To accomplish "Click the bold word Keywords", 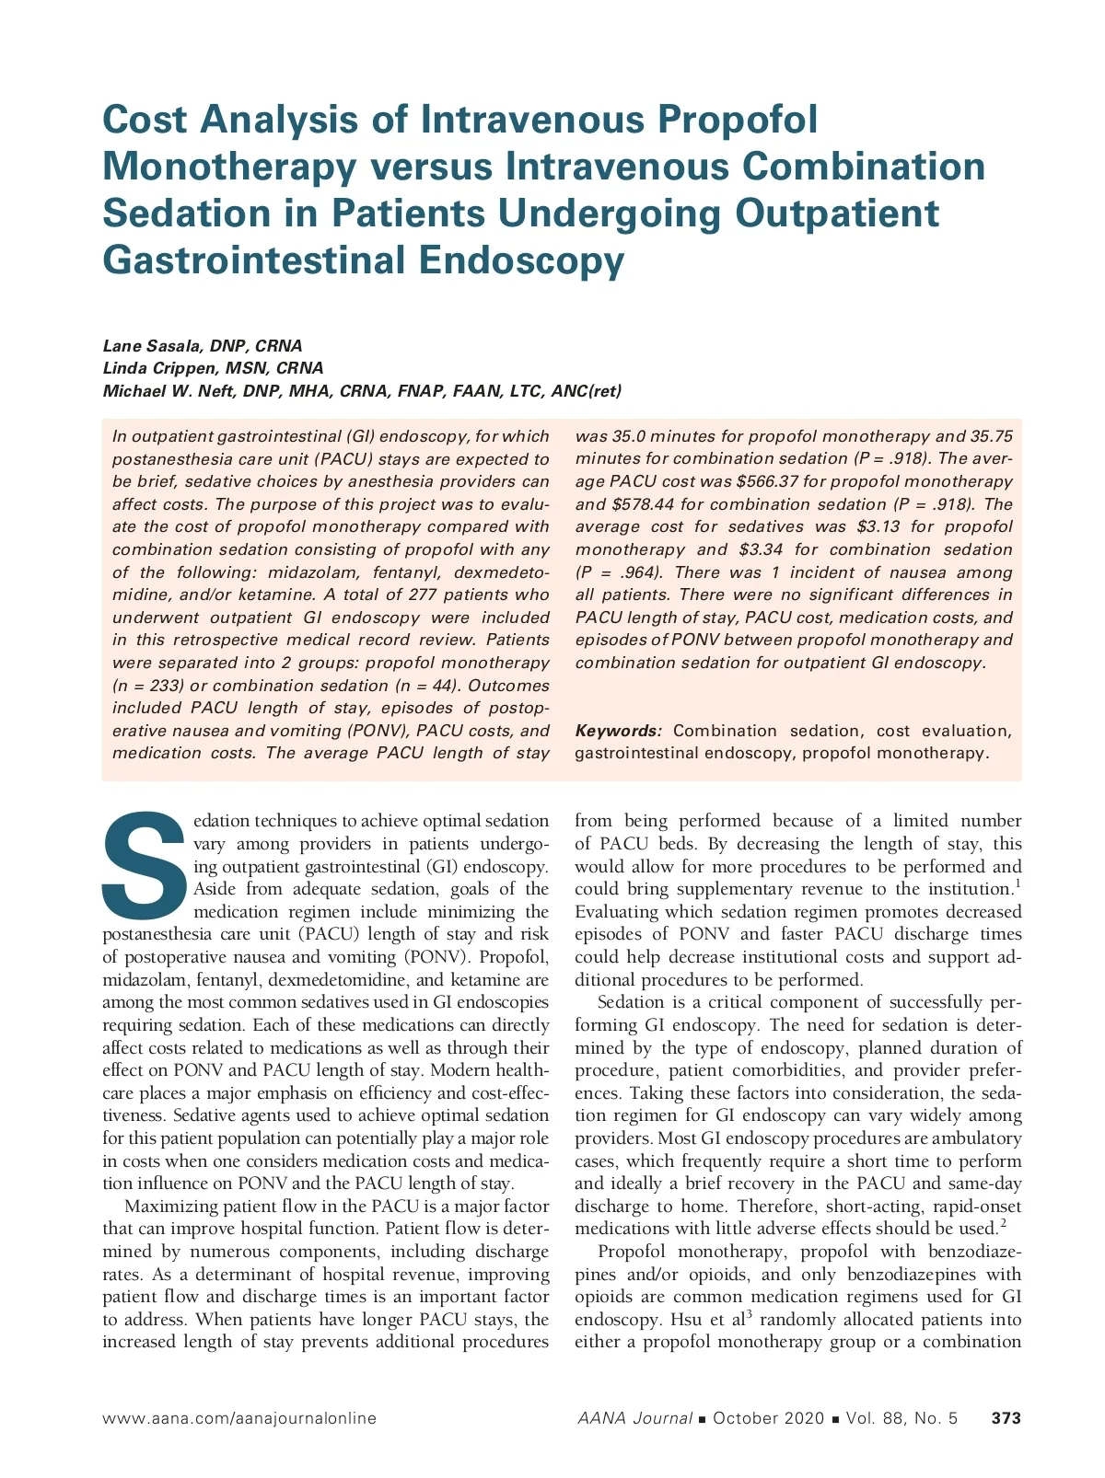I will coord(618,731).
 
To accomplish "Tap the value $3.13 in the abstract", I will coord(878,526).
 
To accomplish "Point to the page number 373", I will coord(1006,1418).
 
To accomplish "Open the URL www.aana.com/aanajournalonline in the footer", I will coord(239,1418).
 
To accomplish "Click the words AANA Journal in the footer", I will coord(634,1418).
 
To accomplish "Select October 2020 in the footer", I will coord(768,1418).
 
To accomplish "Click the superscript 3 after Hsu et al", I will coord(749,1313).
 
